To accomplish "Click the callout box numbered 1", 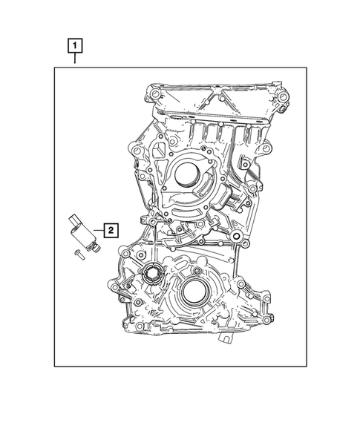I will [x=74, y=45].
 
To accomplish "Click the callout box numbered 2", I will [x=109, y=229].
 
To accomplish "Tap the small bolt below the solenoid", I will [x=77, y=256].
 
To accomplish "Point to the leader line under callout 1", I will [x=74, y=60].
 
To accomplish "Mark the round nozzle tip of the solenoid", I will [x=91, y=245].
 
